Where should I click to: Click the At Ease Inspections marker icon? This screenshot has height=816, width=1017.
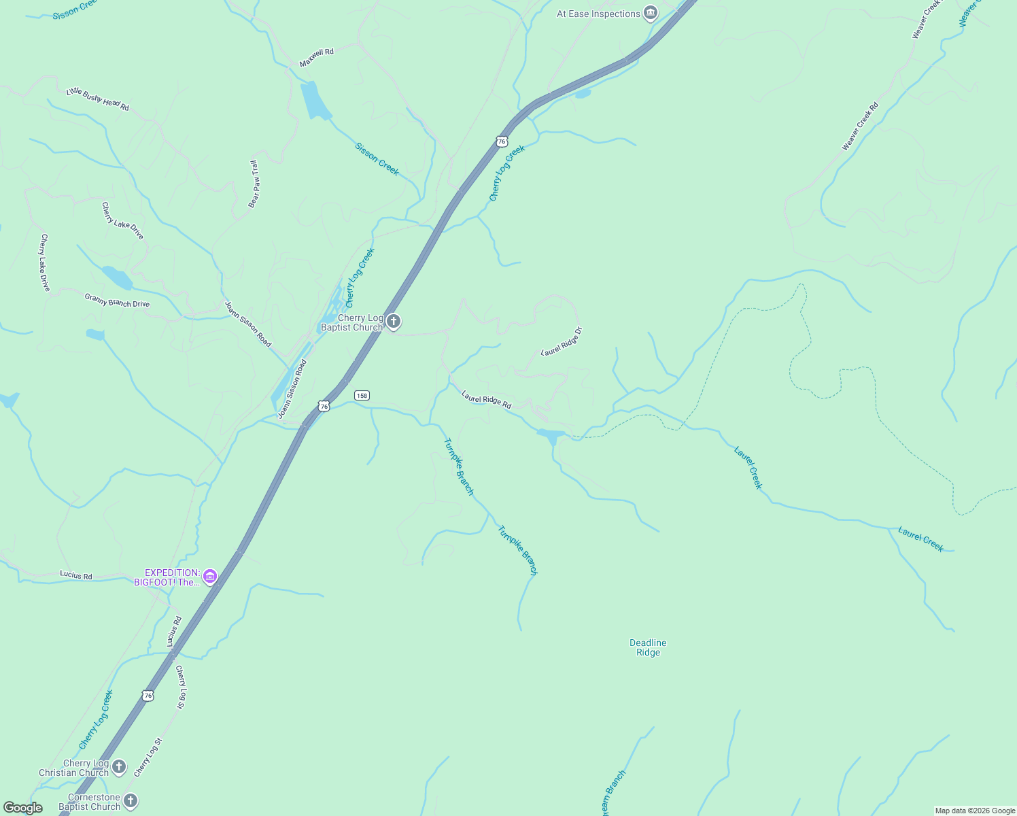pos(651,14)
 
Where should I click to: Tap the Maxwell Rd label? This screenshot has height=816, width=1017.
pos(317,57)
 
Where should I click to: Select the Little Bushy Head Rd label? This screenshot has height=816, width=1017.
pos(98,99)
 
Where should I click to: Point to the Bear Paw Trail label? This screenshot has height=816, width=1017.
pos(254,184)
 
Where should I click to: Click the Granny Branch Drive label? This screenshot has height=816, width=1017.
pos(117,300)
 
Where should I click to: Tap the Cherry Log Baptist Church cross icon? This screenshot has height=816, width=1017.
pos(394,322)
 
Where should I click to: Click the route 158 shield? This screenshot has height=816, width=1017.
pos(362,395)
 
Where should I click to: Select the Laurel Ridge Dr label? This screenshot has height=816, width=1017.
pos(562,341)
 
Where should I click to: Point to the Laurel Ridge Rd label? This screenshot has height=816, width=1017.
pos(486,399)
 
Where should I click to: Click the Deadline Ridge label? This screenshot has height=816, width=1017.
pos(648,647)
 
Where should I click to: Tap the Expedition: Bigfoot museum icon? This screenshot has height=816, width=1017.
pos(210,577)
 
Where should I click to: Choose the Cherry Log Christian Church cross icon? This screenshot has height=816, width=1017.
pos(119,768)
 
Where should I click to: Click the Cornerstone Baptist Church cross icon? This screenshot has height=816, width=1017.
pos(131,801)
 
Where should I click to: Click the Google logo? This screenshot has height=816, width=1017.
pos(23,808)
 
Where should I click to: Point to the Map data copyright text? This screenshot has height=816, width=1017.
pos(975,811)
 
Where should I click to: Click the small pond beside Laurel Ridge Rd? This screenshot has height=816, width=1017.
pos(551,435)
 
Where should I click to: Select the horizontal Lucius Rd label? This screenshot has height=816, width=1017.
pos(75,575)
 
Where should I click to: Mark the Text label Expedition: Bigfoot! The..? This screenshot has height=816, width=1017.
pos(172,577)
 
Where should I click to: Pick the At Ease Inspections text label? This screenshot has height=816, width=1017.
pos(598,14)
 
